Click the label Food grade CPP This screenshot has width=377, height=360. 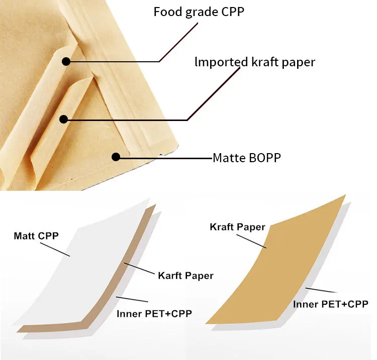tap(199, 11)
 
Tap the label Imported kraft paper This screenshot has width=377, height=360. tap(255, 62)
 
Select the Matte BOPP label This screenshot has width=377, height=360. tap(246, 158)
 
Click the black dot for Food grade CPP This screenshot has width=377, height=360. tap(66, 62)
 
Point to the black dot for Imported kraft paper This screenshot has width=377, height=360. tap(63, 119)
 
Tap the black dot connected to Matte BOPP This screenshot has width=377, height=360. tap(116, 157)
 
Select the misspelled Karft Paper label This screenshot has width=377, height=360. tap(185, 275)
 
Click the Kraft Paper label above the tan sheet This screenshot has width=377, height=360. tap(237, 227)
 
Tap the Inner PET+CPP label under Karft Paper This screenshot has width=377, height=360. tap(154, 314)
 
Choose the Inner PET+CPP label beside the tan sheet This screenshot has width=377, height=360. tap(331, 304)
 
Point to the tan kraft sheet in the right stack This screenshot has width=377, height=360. tap(281, 266)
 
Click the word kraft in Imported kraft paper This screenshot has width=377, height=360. tap(263, 62)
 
